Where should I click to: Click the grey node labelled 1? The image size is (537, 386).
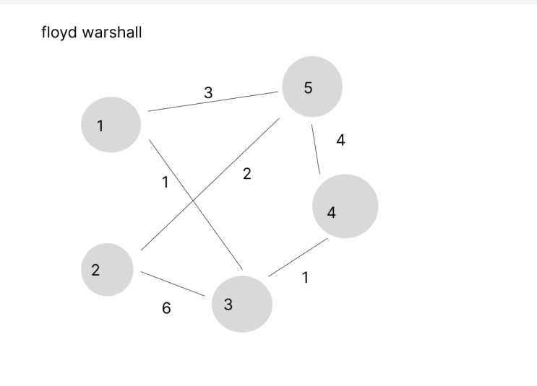click(111, 124)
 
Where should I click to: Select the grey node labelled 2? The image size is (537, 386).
click(107, 270)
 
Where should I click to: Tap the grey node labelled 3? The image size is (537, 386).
click(242, 304)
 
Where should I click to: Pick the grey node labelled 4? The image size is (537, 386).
click(345, 206)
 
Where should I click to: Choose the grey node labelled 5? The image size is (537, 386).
click(312, 87)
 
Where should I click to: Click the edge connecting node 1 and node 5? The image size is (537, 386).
click(213, 102)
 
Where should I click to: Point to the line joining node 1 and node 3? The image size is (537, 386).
click(196, 204)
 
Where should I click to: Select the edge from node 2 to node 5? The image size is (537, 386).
click(210, 184)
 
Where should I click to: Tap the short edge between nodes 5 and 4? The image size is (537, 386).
click(316, 149)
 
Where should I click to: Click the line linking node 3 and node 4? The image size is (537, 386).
click(298, 258)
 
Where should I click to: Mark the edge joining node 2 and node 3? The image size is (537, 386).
click(173, 284)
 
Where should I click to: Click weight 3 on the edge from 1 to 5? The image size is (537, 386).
click(208, 92)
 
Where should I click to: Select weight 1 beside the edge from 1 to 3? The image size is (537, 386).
click(166, 183)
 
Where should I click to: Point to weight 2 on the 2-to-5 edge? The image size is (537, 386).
click(247, 174)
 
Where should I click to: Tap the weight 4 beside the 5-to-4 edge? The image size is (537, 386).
click(340, 140)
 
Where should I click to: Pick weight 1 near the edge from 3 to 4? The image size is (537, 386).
click(306, 277)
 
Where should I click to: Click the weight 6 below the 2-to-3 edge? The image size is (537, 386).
click(166, 308)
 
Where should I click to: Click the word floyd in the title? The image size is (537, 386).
click(59, 32)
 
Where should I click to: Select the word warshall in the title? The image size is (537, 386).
click(112, 32)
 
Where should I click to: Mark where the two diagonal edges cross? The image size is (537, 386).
click(193, 201)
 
